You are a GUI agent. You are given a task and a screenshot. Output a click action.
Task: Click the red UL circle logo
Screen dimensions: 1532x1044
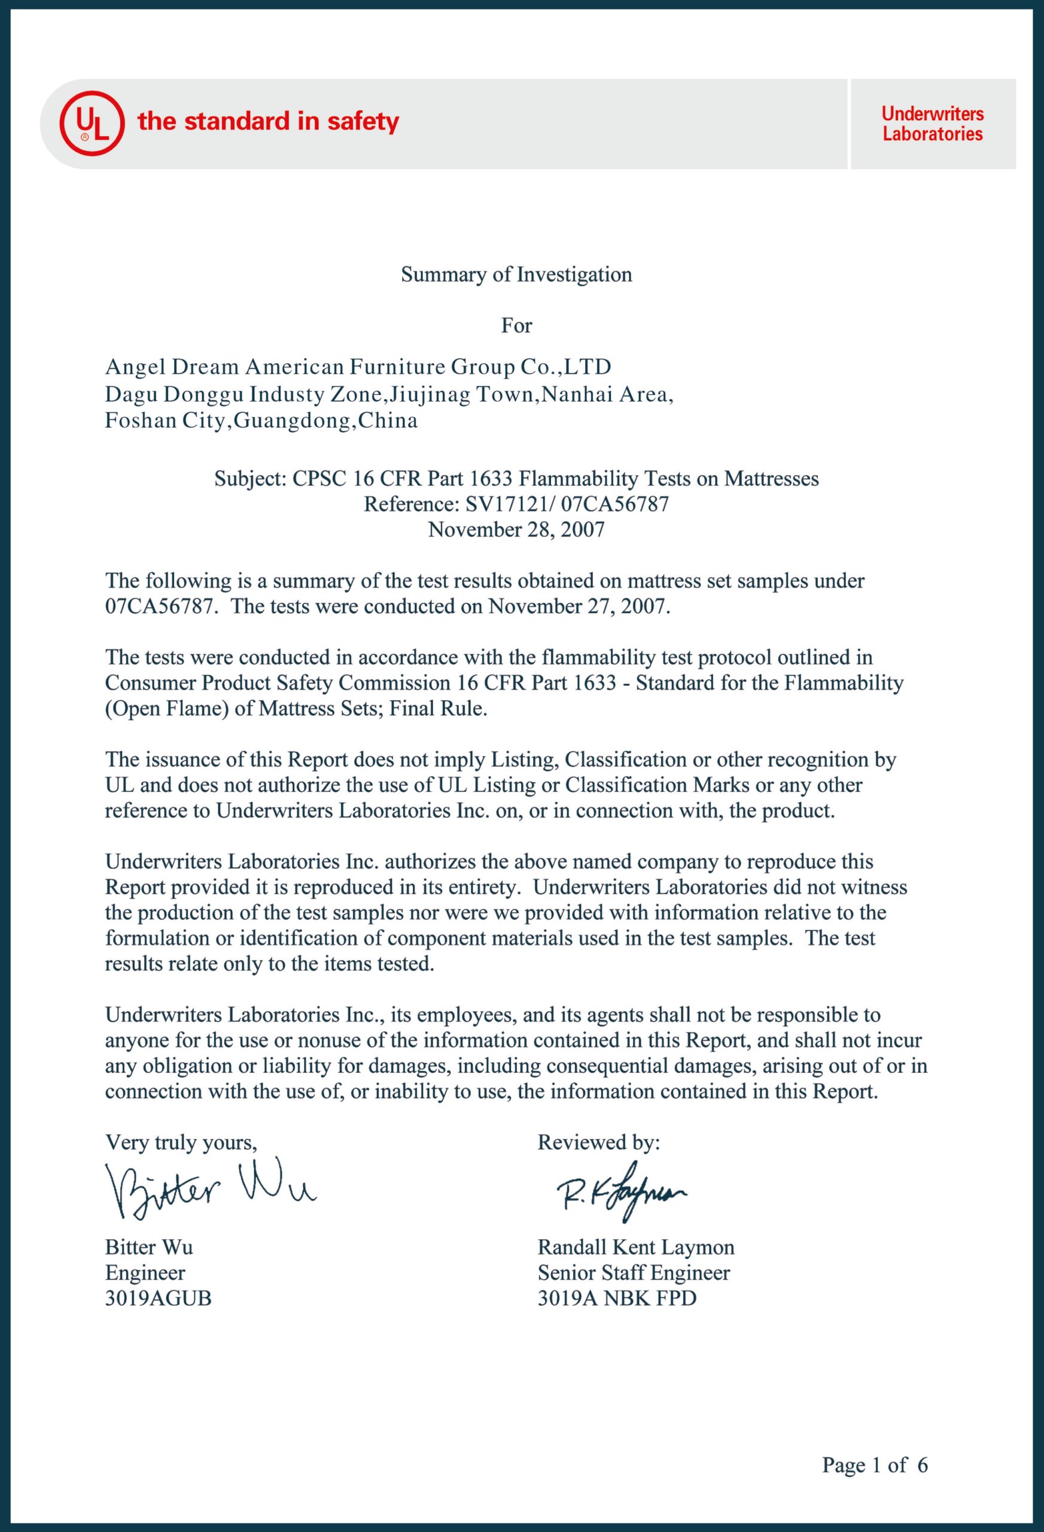tap(92, 123)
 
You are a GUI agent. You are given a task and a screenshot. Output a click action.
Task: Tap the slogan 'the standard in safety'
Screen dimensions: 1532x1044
tap(267, 122)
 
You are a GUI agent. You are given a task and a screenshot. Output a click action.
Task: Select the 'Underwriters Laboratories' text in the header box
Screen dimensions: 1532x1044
tap(932, 124)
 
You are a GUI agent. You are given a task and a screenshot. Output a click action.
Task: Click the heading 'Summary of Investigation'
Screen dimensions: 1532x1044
tap(516, 274)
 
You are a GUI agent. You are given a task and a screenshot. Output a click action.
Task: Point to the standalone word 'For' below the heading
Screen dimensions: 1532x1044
tap(516, 326)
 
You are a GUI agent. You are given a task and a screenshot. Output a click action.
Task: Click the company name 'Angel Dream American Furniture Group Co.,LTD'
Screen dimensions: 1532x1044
tap(358, 366)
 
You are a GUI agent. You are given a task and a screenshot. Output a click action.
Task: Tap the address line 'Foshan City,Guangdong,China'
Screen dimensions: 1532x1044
tap(261, 421)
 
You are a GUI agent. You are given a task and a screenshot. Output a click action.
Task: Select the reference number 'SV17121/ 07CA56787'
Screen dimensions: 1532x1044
tap(567, 504)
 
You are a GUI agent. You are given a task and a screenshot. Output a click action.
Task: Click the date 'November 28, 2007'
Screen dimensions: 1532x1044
tap(516, 530)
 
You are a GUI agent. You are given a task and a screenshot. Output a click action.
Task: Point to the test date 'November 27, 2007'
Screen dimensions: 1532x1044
tap(578, 606)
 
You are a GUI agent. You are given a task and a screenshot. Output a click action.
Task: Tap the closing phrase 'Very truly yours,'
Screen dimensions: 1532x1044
tap(181, 1142)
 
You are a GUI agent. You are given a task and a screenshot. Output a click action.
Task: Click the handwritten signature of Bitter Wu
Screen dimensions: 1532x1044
tap(209, 1187)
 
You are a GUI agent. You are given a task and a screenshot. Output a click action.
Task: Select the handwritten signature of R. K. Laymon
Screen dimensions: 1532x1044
tap(621, 1191)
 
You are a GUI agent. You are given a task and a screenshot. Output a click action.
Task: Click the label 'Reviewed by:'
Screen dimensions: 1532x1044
tap(598, 1142)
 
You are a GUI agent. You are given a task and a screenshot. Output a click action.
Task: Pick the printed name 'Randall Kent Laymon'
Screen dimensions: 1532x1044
tap(635, 1247)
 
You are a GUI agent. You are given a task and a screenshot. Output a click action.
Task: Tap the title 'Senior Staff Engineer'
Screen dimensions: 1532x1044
tap(634, 1272)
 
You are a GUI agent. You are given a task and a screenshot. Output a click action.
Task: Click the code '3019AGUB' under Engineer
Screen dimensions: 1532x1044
tap(158, 1298)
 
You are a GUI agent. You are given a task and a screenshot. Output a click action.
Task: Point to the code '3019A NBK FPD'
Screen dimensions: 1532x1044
tap(616, 1298)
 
